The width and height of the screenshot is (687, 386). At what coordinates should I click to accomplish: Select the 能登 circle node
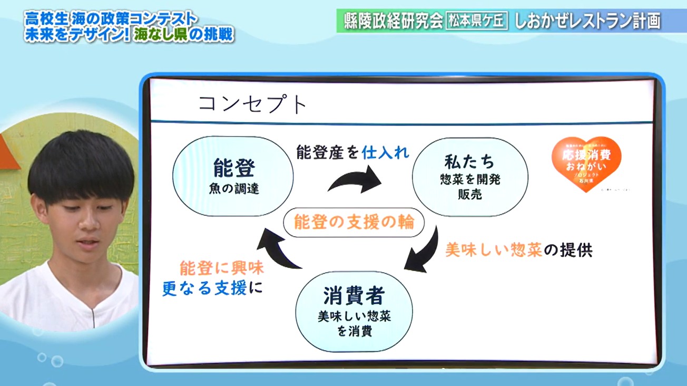pyautogui.click(x=233, y=176)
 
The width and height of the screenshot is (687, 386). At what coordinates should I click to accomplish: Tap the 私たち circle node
pyautogui.click(x=469, y=176)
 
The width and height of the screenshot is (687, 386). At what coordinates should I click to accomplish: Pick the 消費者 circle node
pyautogui.click(x=354, y=311)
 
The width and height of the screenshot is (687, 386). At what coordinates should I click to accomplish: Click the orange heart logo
pyautogui.click(x=586, y=162)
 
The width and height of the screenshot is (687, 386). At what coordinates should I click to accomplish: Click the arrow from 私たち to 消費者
pyautogui.click(x=425, y=252)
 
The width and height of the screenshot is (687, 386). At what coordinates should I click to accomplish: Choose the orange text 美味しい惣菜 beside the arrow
pyautogui.click(x=494, y=249)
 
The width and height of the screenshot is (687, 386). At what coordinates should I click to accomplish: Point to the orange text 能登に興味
pyautogui.click(x=221, y=268)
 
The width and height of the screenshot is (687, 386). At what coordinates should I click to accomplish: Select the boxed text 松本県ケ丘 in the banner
pyautogui.click(x=477, y=21)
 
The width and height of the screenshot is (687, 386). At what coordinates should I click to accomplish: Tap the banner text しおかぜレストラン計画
pyautogui.click(x=586, y=21)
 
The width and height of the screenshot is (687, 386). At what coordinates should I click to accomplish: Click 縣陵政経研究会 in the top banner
pyautogui.click(x=392, y=21)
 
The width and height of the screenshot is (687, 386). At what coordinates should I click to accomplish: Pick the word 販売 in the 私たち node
pyautogui.click(x=469, y=194)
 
